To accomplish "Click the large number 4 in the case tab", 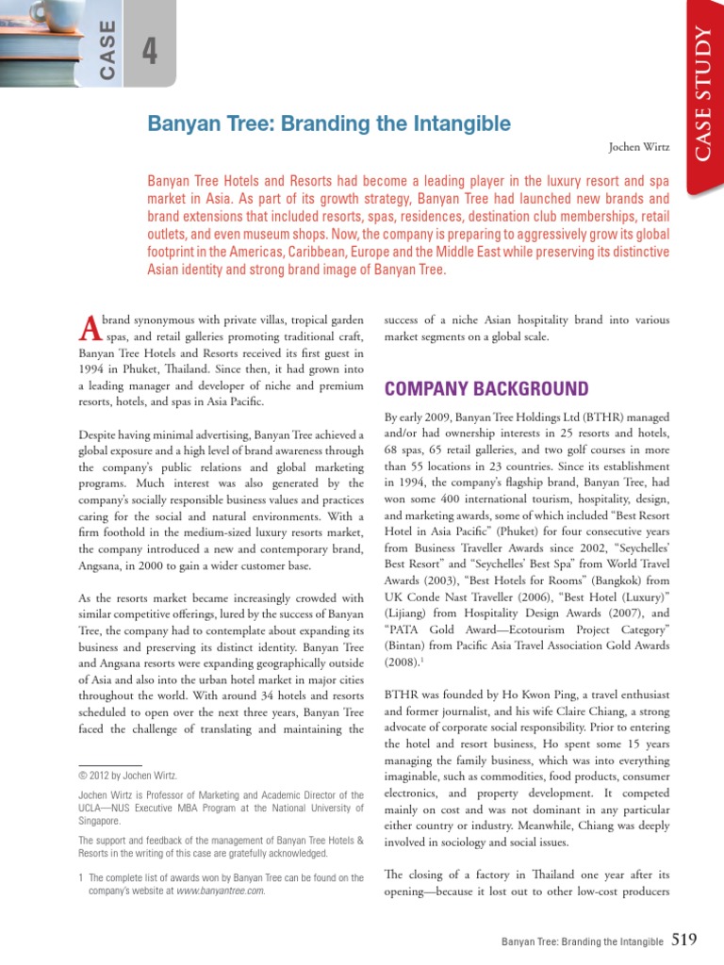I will tap(149, 54).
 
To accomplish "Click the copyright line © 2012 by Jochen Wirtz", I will tap(126, 776).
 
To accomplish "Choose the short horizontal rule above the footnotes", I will tap(109, 765).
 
